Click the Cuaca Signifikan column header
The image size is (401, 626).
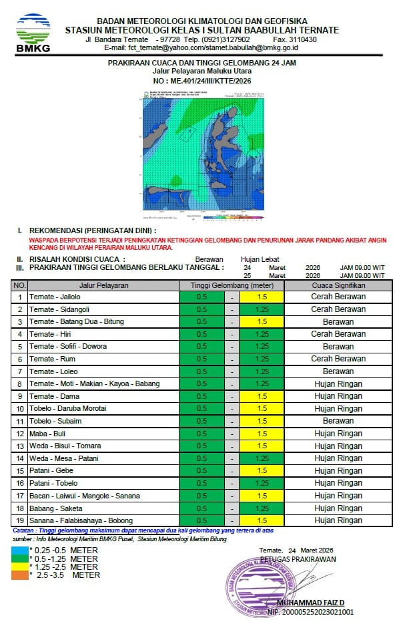pyautogui.click(x=338, y=285)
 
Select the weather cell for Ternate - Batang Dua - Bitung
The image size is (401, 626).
pyautogui.click(x=338, y=321)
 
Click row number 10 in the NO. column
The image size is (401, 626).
pyautogui.click(x=19, y=408)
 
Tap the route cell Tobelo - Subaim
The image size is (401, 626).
pyautogui.click(x=54, y=421)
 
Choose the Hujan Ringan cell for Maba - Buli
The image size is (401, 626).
pyautogui.click(x=338, y=433)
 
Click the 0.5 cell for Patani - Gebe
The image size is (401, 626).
pyautogui.click(x=201, y=471)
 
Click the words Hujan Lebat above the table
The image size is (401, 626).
pyautogui.click(x=260, y=259)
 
